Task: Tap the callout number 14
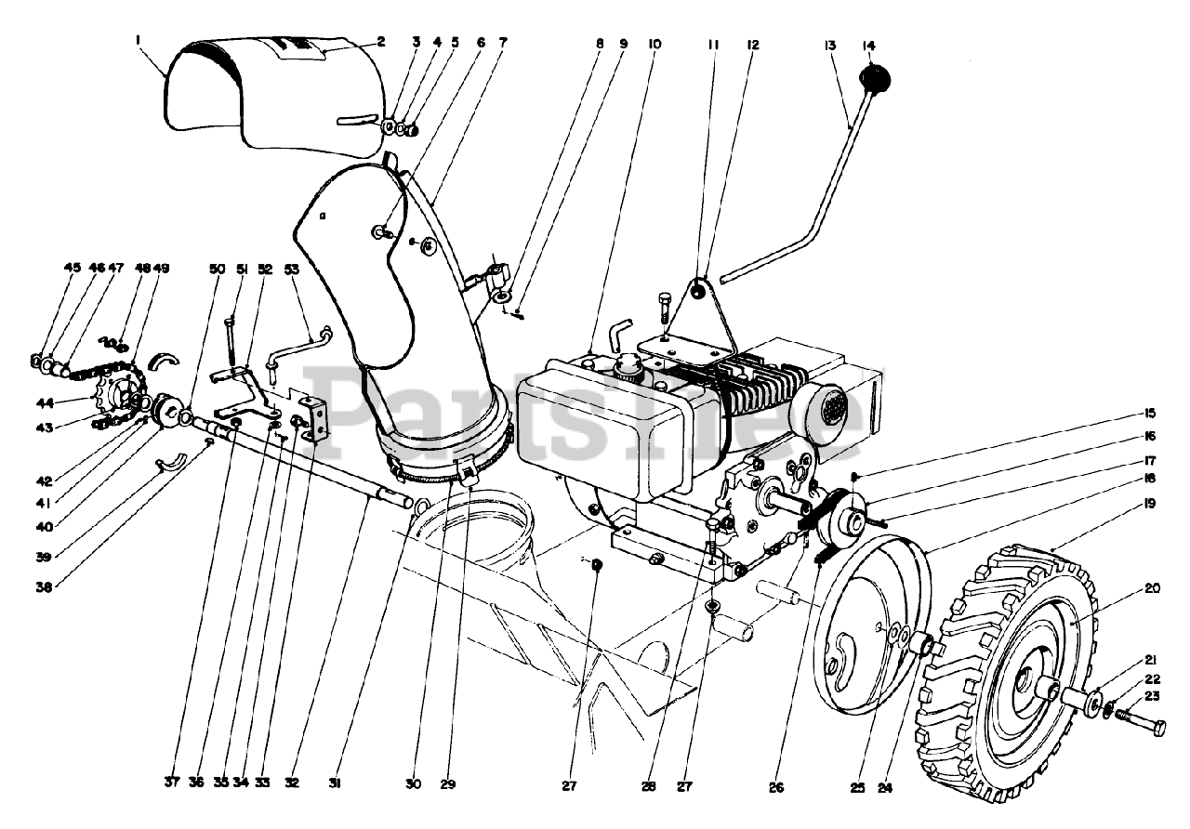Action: [x=868, y=44]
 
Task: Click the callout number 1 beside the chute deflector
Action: [x=137, y=40]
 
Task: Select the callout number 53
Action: [x=292, y=270]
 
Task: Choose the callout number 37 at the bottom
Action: [x=172, y=783]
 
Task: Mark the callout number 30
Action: [x=414, y=783]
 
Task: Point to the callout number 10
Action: [x=654, y=44]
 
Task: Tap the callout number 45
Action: [x=73, y=268]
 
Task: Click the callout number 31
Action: [x=336, y=783]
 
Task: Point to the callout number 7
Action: [x=503, y=43]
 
